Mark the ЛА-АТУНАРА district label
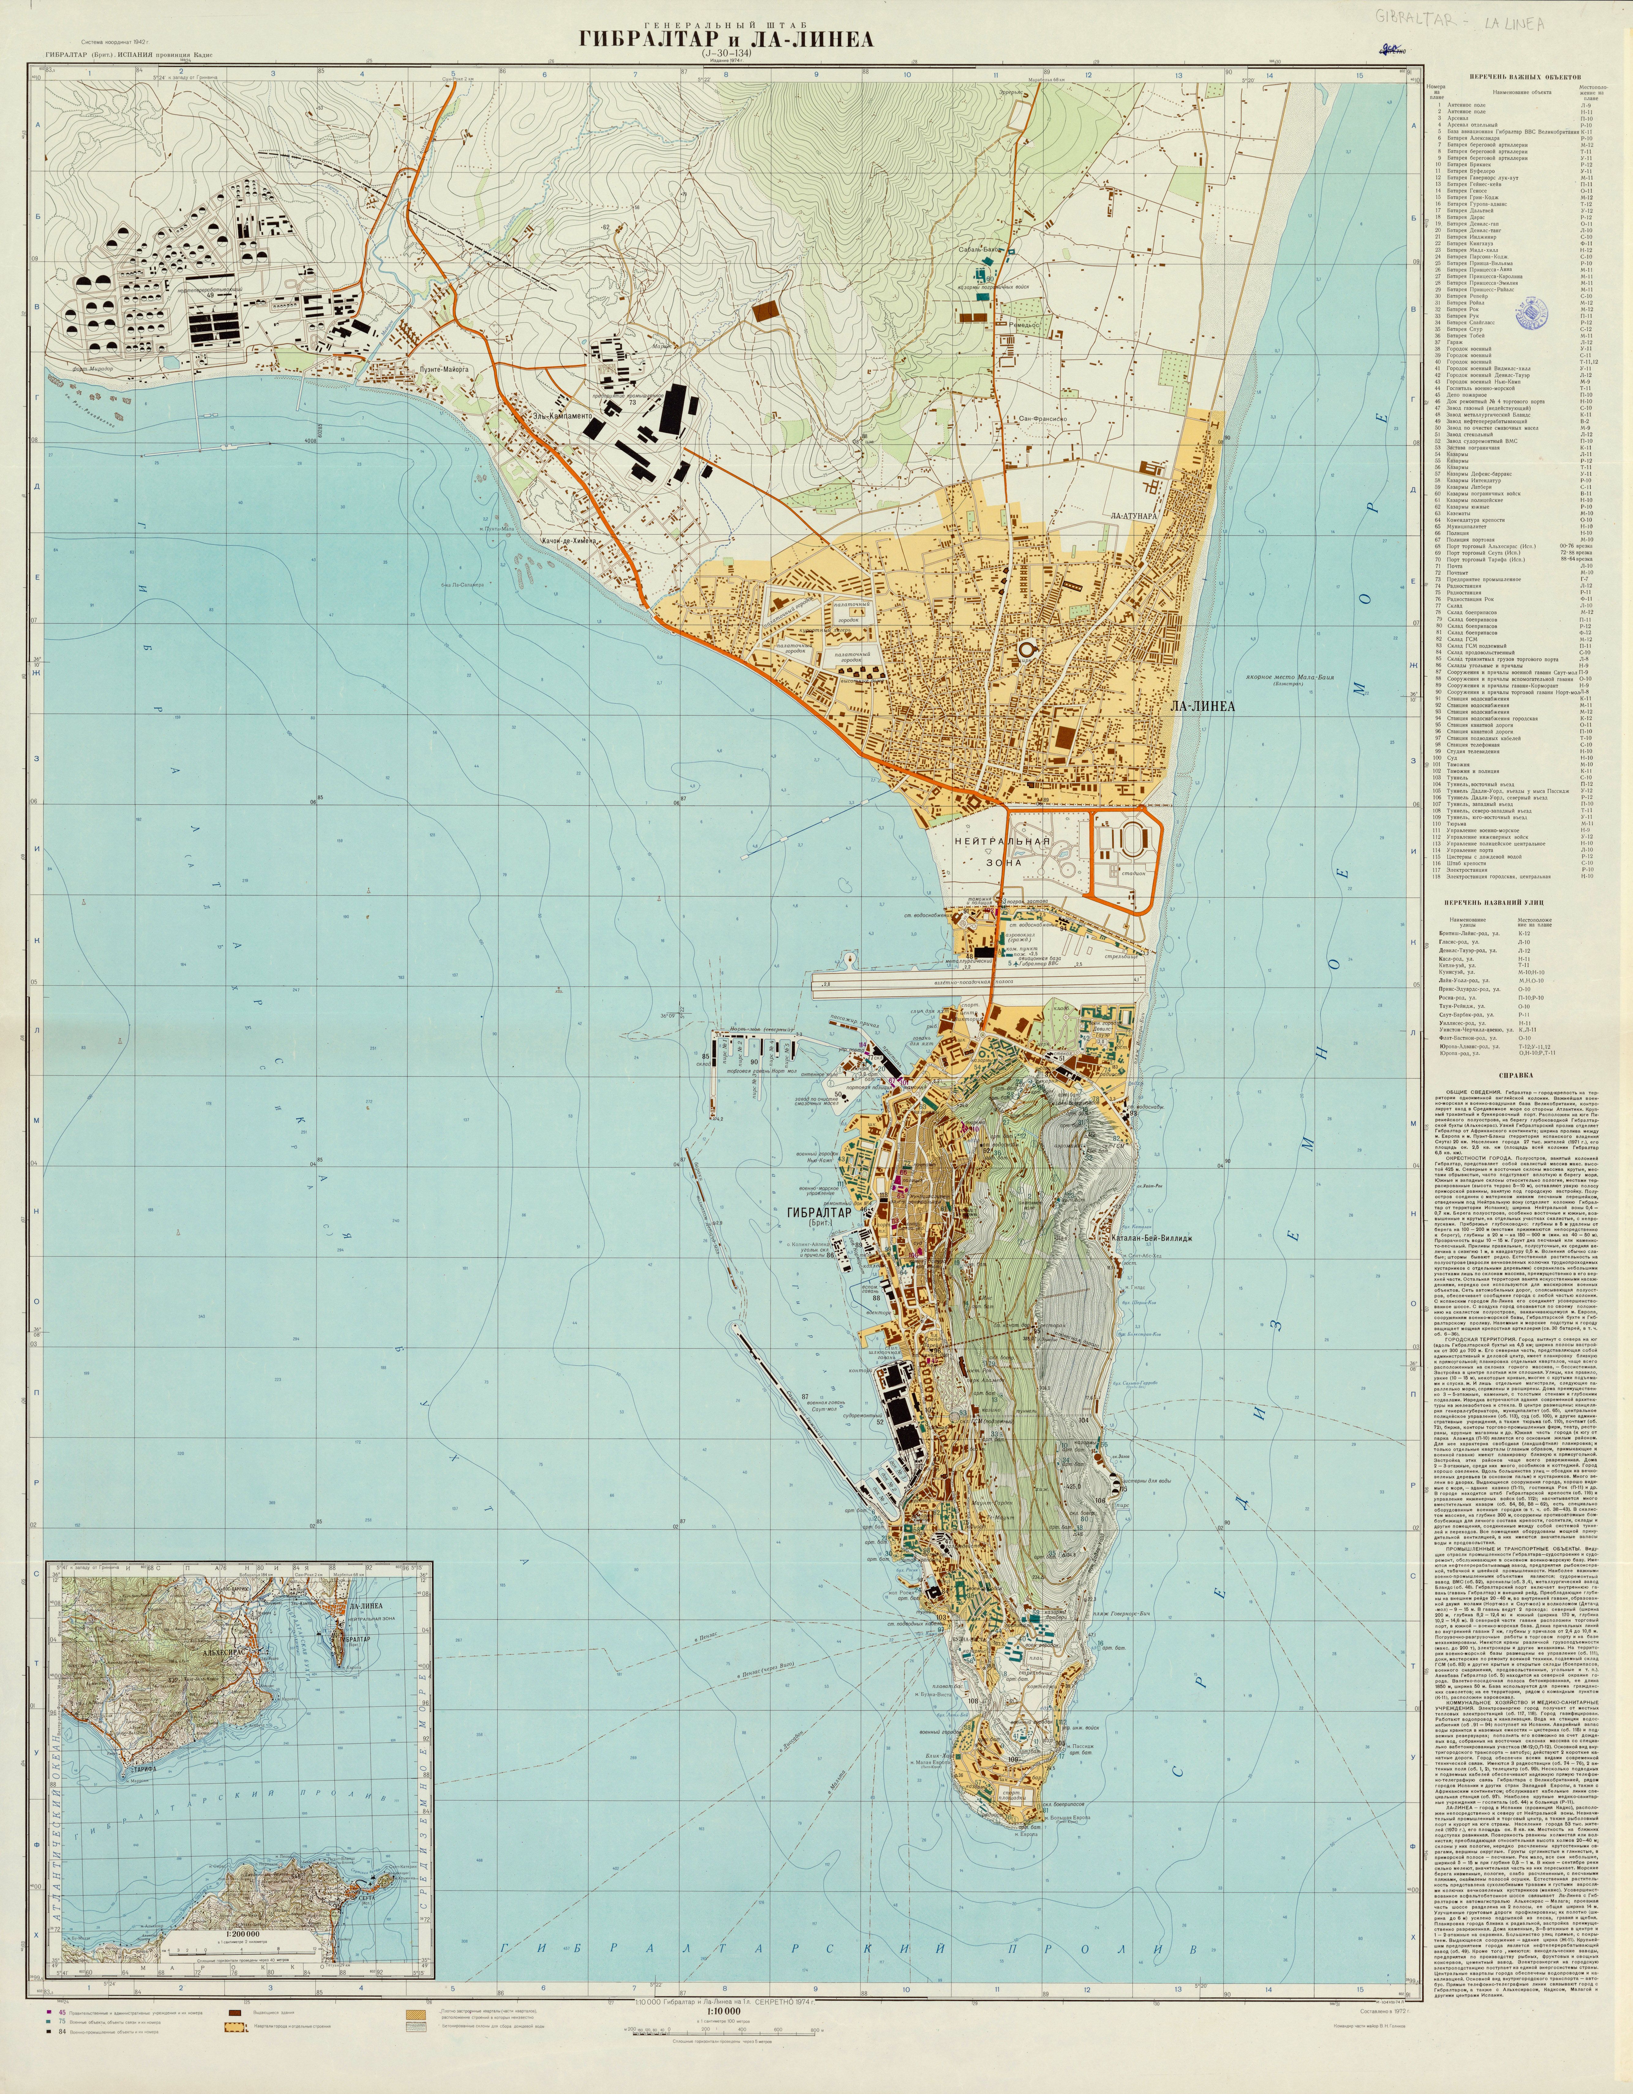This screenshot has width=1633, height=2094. (1135, 515)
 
